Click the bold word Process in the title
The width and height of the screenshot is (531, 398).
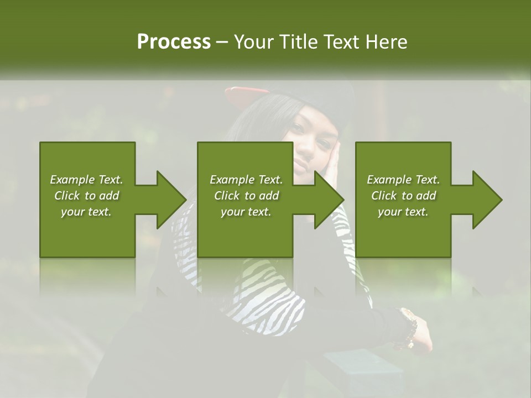coord(174,42)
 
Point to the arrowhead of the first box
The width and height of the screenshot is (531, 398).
coord(171,200)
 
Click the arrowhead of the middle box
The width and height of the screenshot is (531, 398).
coord(329,200)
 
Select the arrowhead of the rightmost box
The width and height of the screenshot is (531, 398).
coord(487,200)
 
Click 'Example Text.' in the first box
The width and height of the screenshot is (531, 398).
coord(86,180)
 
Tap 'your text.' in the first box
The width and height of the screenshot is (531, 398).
coord(86,212)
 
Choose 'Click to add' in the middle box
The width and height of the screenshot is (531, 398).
coord(246,196)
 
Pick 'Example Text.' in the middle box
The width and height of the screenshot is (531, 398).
coord(246,180)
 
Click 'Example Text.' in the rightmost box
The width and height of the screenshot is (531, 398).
coord(403,180)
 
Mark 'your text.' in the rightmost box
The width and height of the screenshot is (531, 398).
coord(403,212)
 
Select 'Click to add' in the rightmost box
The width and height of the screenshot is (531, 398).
coord(403,196)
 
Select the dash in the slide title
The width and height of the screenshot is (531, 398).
coord(222,42)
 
